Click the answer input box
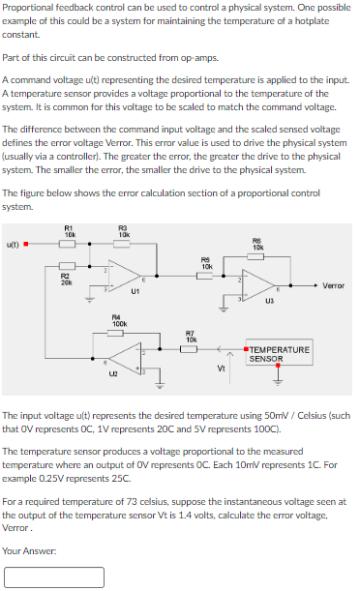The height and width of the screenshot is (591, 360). click(x=54, y=576)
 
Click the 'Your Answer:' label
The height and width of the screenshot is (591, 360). click(x=28, y=550)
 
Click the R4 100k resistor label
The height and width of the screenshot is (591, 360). click(x=118, y=318)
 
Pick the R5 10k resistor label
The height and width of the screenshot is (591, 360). click(x=206, y=262)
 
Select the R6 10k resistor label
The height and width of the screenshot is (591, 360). click(x=256, y=243)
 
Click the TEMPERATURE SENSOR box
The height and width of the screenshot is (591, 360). click(x=280, y=353)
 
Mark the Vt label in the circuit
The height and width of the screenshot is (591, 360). click(x=222, y=367)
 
